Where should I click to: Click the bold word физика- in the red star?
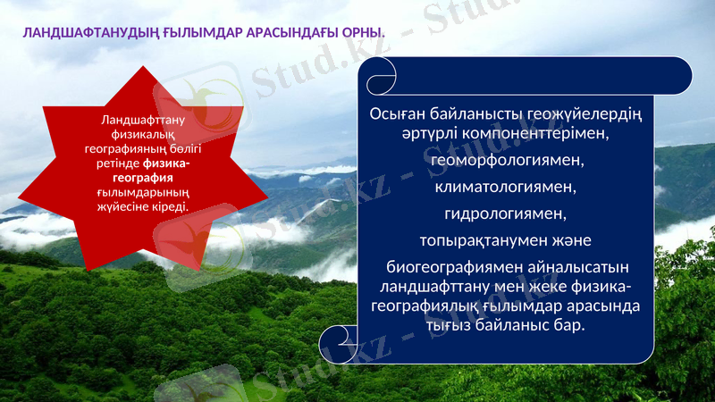pyautogui.click(x=167, y=163)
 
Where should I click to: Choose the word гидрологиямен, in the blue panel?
pyautogui.click(x=506, y=214)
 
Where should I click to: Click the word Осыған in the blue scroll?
pyautogui.click(x=398, y=114)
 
